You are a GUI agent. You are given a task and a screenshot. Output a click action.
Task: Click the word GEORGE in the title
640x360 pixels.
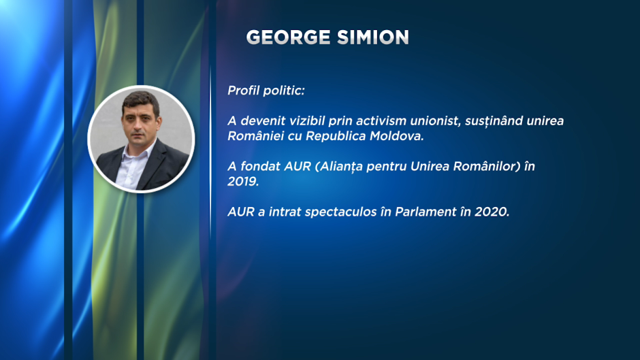(x=289, y=37)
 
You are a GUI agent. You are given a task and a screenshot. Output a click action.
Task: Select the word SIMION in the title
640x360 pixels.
(x=373, y=37)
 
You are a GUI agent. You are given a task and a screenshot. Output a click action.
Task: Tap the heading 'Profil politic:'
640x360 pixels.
(x=266, y=91)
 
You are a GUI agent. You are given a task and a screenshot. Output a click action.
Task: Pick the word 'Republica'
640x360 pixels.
(x=336, y=136)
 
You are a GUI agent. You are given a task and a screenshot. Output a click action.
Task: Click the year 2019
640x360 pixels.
(x=243, y=181)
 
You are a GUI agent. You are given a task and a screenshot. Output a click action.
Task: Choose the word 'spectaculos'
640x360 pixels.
(x=341, y=212)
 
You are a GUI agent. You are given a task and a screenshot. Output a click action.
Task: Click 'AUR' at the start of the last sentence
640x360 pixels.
(x=241, y=212)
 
